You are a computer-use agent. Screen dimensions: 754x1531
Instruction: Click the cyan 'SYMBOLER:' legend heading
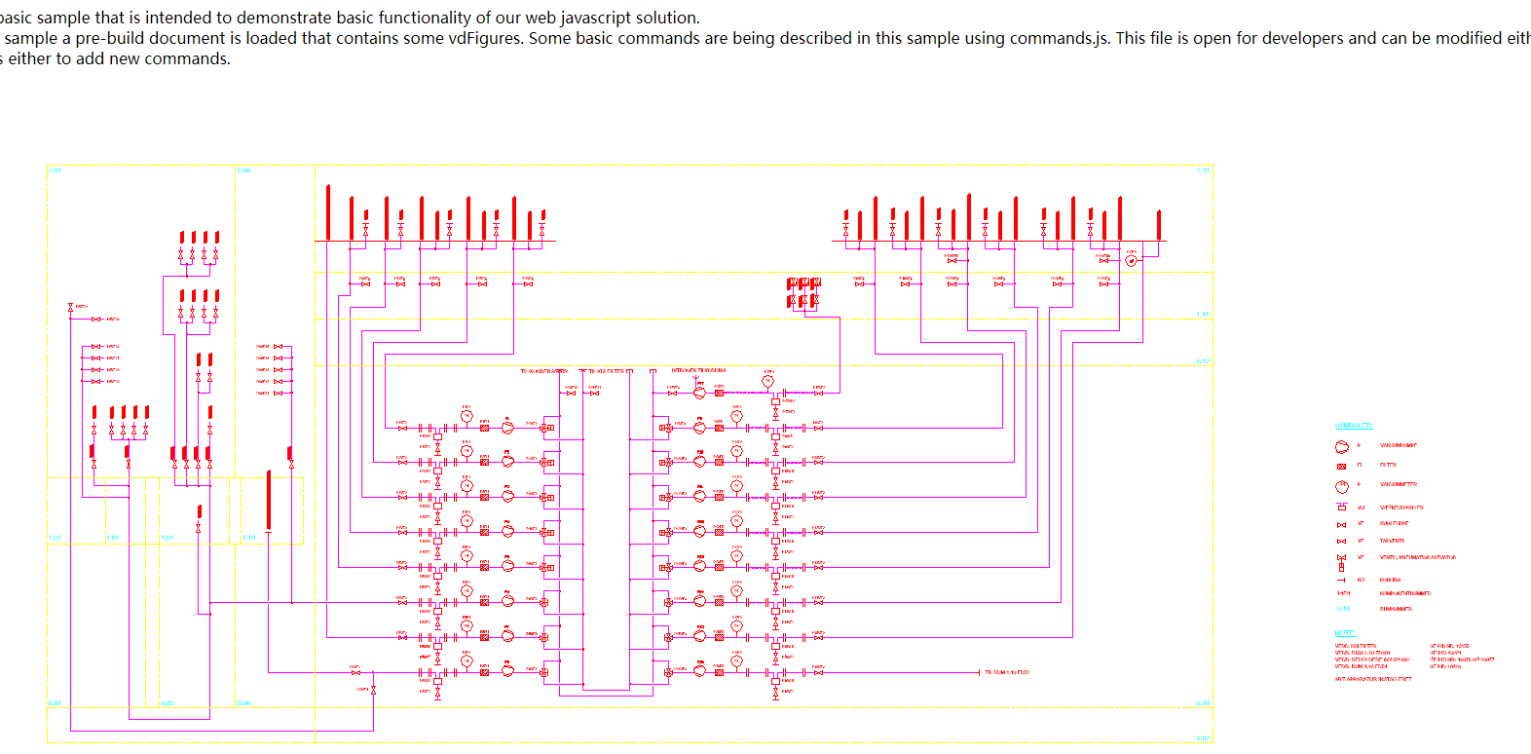pos(1353,426)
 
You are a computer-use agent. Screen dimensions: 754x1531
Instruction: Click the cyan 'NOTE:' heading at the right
pos(1344,633)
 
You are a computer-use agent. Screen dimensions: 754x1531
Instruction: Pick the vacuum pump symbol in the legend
pos(1341,446)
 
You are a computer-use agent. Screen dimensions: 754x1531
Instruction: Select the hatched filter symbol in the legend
pos(1341,466)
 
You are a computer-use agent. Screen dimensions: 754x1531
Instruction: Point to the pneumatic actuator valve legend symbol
pos(1341,561)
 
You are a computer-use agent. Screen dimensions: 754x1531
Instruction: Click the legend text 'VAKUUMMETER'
pos(1398,484)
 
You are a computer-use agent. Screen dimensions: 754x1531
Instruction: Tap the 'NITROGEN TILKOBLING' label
pos(697,370)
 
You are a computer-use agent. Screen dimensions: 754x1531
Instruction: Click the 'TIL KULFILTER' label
pos(606,371)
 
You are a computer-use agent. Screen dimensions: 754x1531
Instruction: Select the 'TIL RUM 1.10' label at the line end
pos(1006,672)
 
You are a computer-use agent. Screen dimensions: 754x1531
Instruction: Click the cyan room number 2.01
pos(55,170)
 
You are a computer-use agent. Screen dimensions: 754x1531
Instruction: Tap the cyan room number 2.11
pos(1203,170)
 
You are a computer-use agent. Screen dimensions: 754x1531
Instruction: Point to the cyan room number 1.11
pos(1203,315)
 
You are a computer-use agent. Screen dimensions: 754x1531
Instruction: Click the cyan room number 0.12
pos(1203,361)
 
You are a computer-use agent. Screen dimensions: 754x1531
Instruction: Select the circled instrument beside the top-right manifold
pos(1131,261)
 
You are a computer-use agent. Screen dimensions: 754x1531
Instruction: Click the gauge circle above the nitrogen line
pos(767,382)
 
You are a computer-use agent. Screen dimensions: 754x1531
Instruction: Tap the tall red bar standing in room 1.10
pos(269,500)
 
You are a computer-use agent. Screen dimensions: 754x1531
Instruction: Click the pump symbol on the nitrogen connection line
pos(699,393)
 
